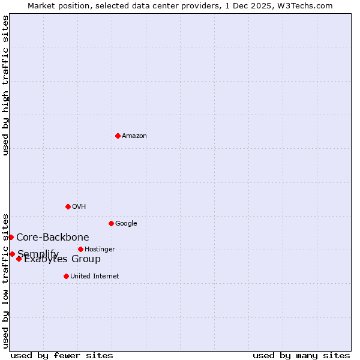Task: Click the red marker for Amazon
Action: tap(118, 136)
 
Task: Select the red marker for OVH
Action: tap(68, 206)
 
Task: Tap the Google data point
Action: tap(111, 223)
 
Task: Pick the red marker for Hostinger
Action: tap(80, 249)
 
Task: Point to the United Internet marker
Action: tap(66, 276)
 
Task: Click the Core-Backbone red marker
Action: tap(11, 237)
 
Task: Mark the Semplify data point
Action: tap(12, 254)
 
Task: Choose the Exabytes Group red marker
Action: tap(19, 259)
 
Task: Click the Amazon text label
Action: tap(134, 136)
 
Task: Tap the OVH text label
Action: tap(79, 207)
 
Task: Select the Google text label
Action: tap(126, 224)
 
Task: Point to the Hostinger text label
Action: tap(100, 250)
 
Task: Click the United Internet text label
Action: tap(95, 277)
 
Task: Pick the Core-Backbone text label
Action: tap(53, 238)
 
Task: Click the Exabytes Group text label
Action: tap(62, 259)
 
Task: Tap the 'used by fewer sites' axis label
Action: tap(62, 355)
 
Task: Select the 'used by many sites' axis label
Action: tap(301, 355)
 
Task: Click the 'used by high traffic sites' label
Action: tap(5, 85)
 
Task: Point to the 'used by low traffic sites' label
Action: tap(5, 280)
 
